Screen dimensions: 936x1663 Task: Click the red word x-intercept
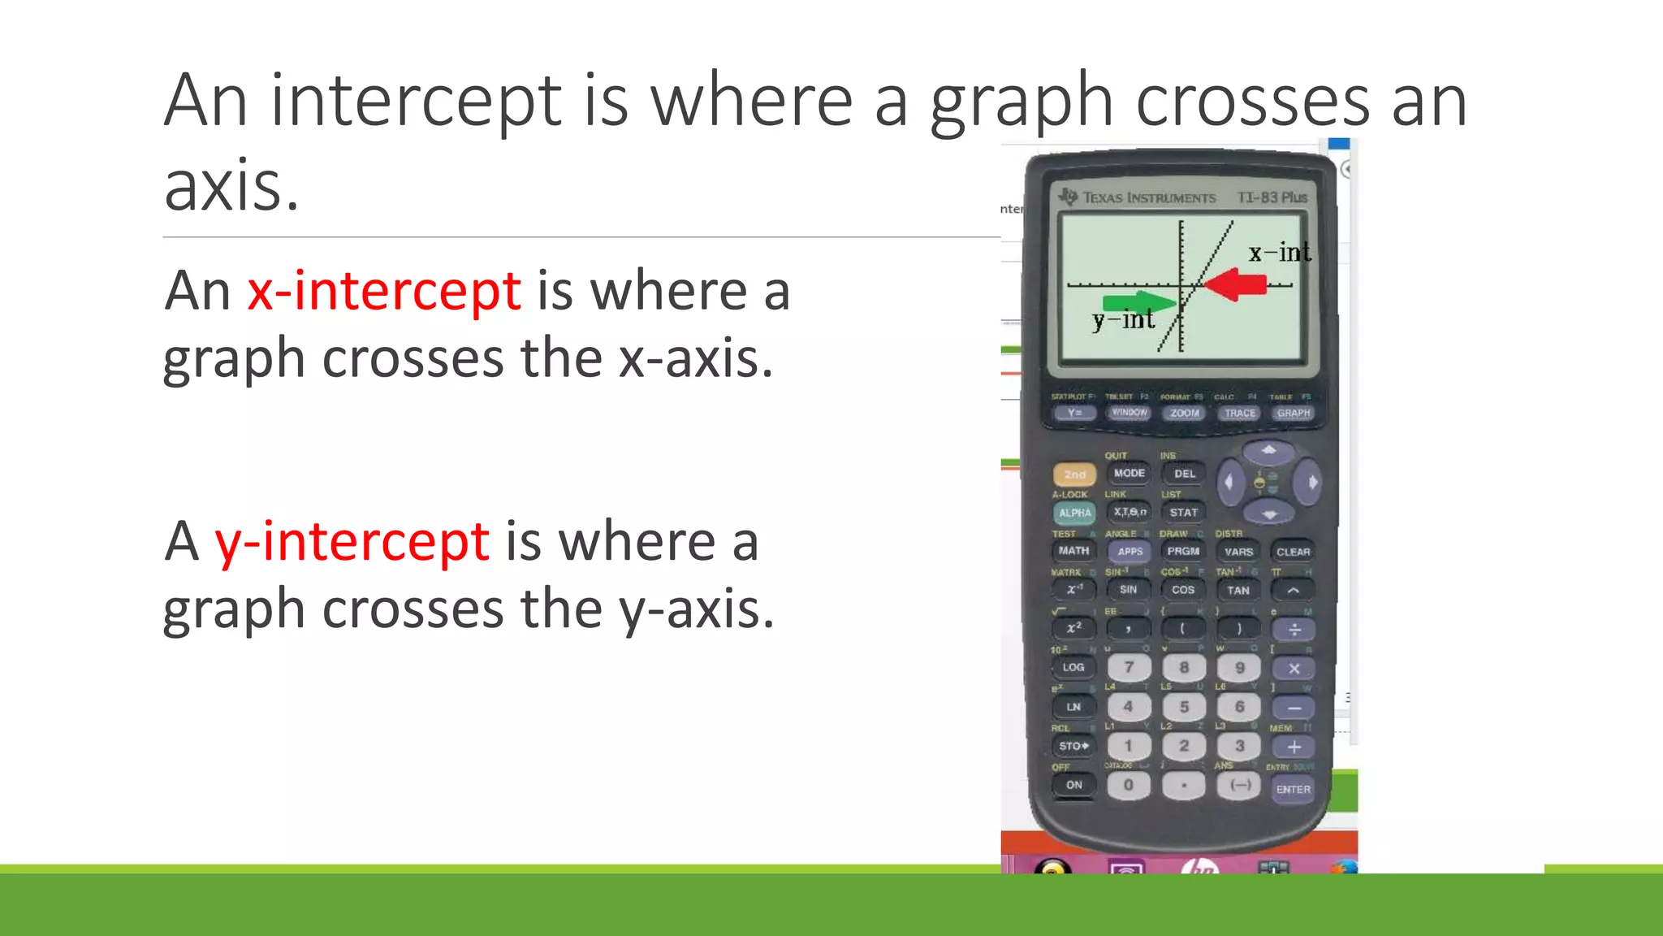383,291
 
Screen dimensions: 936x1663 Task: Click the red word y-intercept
352,541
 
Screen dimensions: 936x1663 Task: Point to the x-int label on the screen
1279,253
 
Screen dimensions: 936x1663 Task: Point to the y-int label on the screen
1123,319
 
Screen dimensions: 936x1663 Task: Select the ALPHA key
1074,513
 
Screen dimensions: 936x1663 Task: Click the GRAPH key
1293,413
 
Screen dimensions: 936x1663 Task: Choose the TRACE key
1239,413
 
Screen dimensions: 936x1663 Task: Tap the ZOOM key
1185,413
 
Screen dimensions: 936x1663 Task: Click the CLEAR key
1293,552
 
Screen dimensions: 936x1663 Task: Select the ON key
1073,785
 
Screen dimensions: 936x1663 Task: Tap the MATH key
1073,551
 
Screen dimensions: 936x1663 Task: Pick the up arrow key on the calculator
1269,450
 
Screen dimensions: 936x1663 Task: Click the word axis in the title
231,185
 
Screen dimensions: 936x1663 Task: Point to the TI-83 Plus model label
1272,197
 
